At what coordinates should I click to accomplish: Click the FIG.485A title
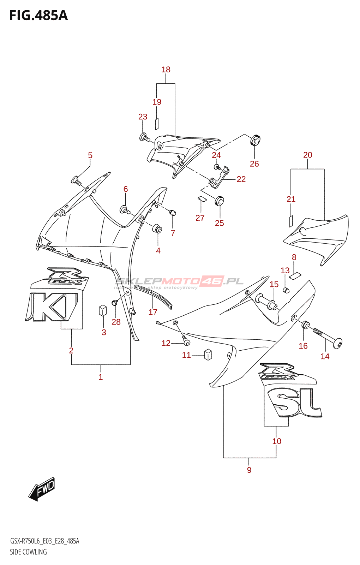(x=38, y=16)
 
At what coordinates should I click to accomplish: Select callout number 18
(x=166, y=70)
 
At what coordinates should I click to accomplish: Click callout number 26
(x=254, y=163)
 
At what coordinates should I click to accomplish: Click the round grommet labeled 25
(x=220, y=201)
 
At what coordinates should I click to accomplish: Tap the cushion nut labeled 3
(x=103, y=310)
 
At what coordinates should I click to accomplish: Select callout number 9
(x=249, y=470)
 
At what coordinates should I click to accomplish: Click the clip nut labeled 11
(x=208, y=354)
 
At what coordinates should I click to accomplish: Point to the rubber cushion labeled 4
(x=157, y=228)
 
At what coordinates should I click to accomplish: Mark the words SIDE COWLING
(x=28, y=552)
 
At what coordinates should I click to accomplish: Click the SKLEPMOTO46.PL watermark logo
(x=179, y=282)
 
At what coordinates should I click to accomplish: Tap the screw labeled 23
(x=144, y=137)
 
